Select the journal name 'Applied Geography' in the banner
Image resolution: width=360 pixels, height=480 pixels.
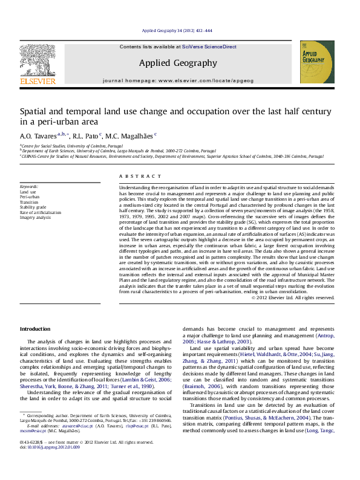[178, 63]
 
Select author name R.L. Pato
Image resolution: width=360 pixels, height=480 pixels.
[90, 136]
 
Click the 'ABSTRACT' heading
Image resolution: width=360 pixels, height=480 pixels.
[136, 176]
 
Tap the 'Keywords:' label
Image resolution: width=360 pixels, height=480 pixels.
[30, 187]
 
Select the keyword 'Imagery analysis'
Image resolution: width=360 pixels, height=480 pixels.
[35, 217]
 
